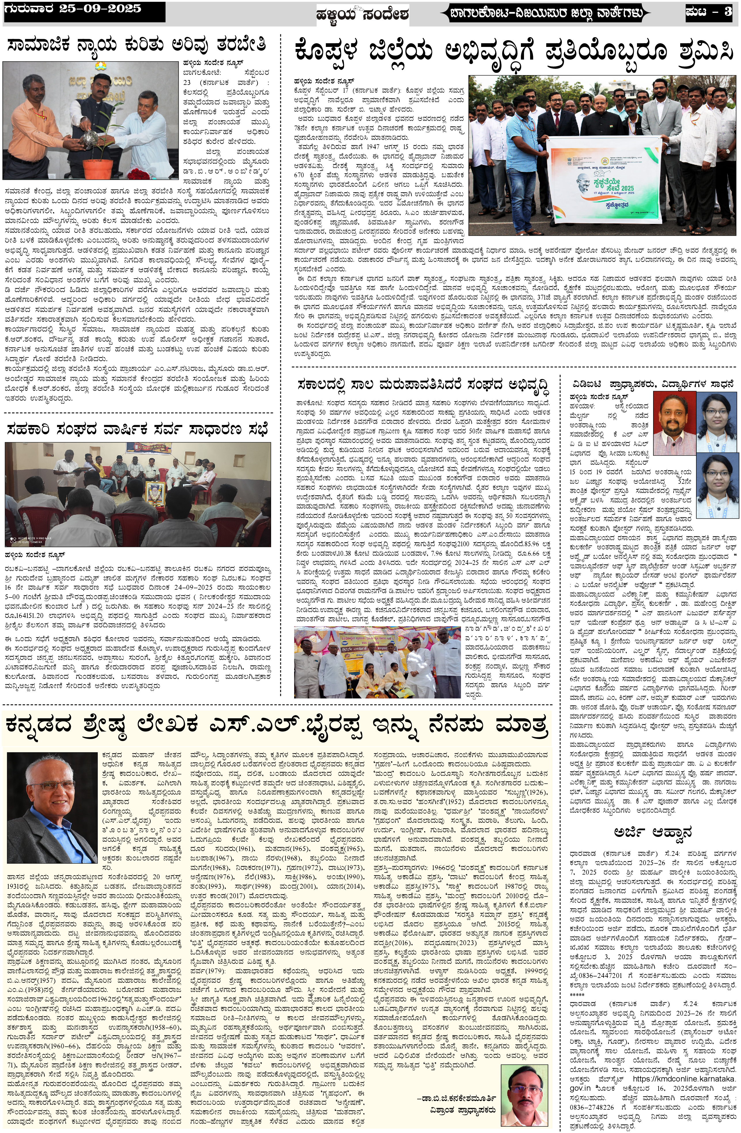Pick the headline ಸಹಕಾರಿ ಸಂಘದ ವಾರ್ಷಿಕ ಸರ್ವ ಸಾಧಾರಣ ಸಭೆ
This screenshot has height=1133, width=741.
point(138,429)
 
